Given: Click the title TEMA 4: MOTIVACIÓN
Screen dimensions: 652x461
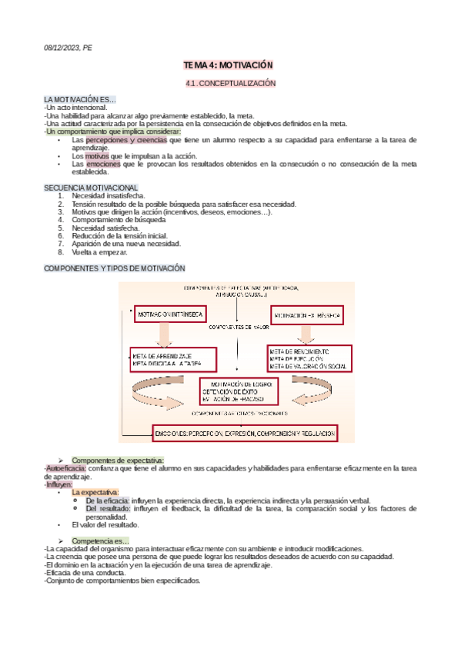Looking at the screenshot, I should [x=230, y=67].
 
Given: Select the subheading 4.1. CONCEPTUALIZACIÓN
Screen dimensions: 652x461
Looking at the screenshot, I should [x=230, y=83].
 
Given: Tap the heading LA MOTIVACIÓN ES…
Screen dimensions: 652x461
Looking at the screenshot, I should [x=80, y=100].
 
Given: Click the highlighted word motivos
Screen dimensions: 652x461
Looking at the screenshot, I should [x=96, y=156].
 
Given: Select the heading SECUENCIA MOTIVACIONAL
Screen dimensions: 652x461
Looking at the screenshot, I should [x=91, y=188].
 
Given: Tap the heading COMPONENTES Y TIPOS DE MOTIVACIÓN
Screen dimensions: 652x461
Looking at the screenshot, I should [x=115, y=268].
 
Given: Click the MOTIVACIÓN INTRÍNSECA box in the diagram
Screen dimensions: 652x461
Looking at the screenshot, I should [x=175, y=316].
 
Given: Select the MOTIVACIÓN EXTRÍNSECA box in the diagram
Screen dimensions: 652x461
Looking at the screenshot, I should [x=306, y=316].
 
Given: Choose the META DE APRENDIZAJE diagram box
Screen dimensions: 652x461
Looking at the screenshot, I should [x=173, y=359].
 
